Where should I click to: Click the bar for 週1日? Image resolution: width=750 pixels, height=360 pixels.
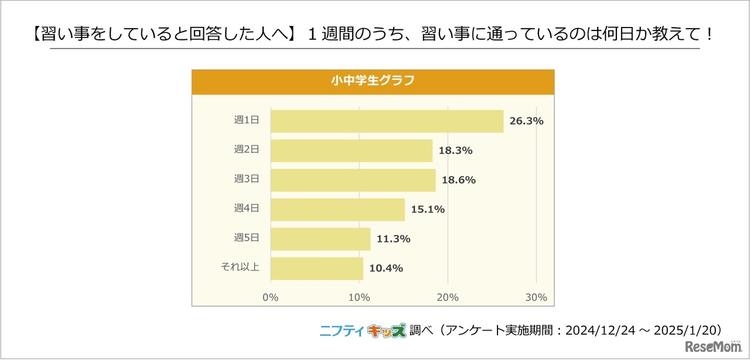point(387,121)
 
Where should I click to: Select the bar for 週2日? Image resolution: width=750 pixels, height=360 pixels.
point(352,151)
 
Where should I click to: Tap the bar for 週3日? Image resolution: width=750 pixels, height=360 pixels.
point(353,180)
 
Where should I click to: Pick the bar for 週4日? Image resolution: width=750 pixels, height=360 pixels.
point(337,209)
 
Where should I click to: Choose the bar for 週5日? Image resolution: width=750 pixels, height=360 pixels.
point(321,239)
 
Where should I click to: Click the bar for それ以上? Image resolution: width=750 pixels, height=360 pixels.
point(317,268)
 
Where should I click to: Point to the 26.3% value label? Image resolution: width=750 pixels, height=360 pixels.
point(526,121)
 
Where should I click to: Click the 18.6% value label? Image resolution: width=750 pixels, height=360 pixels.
point(458,180)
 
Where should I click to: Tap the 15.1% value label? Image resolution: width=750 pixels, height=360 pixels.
point(427,209)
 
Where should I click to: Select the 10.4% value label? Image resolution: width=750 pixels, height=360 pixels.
point(386,268)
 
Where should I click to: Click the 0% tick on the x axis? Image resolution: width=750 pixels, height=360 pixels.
point(270,297)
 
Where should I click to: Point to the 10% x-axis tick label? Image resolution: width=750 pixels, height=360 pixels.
point(359,297)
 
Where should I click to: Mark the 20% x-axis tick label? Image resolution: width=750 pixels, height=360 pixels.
point(448,297)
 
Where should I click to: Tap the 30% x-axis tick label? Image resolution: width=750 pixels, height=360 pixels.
point(536,297)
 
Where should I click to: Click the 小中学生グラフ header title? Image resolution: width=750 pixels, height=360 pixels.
point(373,81)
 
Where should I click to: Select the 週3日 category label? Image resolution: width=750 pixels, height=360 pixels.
point(246,179)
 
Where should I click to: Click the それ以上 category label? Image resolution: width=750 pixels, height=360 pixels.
point(240,267)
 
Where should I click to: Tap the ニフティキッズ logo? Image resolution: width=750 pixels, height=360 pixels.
point(363,331)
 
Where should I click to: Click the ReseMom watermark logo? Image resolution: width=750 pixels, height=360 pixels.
point(714,347)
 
